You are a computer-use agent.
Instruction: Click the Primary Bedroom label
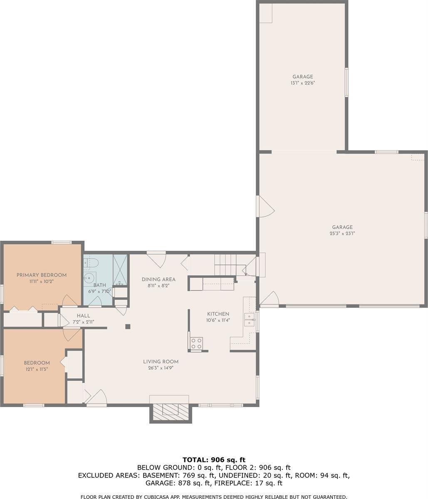42,275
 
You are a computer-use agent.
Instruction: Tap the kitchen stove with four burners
196,343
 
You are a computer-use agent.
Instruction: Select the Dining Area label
158,279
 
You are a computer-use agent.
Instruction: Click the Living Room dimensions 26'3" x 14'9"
161,368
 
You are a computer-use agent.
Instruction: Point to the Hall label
83,316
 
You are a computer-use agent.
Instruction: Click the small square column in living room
128,326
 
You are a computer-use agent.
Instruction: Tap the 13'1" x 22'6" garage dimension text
302,83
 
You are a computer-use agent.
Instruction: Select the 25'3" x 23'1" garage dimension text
342,233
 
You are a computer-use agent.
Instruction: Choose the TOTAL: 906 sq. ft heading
214,459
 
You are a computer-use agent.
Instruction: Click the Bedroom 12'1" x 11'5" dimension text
37,369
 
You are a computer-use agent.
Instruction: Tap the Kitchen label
218,314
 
